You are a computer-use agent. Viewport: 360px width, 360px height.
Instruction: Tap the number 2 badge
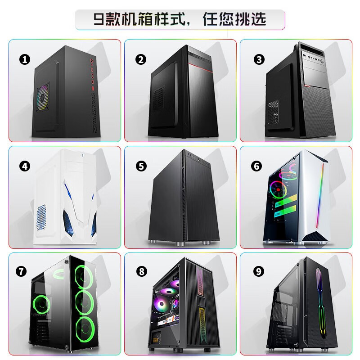(141, 59)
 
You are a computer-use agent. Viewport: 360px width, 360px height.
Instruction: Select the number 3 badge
(258, 59)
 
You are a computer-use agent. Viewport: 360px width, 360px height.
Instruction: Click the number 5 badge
(141, 166)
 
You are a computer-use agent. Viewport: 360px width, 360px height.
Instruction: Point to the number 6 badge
(257, 166)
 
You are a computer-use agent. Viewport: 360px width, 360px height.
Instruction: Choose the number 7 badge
(21, 271)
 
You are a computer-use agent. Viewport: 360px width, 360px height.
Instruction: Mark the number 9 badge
(258, 271)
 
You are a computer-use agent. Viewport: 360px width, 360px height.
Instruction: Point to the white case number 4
(65, 198)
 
